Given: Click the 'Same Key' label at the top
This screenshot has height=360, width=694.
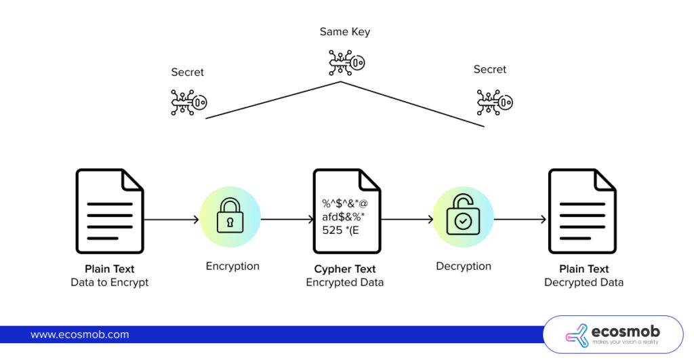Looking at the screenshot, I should click(344, 32).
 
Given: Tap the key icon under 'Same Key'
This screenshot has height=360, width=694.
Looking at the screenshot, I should click(346, 62).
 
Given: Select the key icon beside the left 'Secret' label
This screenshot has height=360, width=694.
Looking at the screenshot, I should click(188, 102).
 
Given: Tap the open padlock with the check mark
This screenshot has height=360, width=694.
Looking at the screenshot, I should click(463, 216).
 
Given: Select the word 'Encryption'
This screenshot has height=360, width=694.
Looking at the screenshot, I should click(232, 266).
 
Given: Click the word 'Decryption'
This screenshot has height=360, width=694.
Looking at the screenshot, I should click(464, 266).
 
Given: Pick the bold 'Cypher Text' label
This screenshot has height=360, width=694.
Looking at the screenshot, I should click(345, 269).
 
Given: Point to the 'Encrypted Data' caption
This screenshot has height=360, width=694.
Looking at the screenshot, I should click(345, 282).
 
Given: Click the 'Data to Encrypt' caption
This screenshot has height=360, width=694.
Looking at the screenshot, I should click(109, 282).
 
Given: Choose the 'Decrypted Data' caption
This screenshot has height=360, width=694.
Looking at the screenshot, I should click(584, 282).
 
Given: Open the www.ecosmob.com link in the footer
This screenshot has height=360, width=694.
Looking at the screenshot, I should click(79, 334).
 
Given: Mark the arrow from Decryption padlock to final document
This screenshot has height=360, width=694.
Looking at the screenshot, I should click(520, 219).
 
